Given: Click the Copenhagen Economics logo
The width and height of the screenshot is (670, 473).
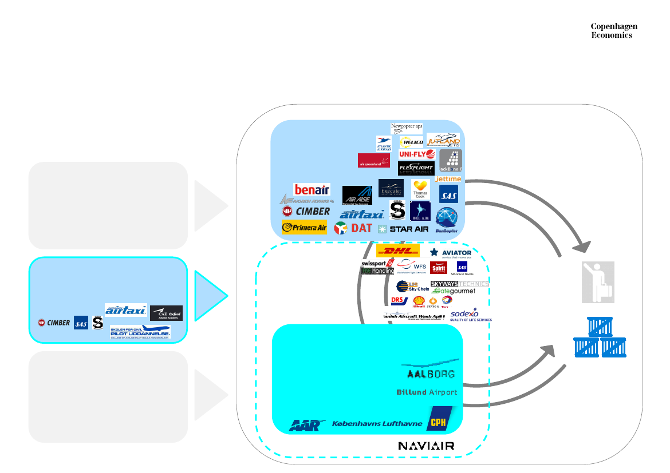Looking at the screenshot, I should (614, 31).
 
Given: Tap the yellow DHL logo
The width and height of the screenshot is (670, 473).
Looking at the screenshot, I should (397, 251).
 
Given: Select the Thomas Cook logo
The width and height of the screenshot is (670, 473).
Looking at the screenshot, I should (420, 189).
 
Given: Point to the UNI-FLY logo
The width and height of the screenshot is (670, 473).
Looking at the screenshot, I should (417, 154).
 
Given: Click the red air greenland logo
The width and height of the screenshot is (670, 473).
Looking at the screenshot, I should (374, 161).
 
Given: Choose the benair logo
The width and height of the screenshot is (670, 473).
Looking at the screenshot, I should (312, 189).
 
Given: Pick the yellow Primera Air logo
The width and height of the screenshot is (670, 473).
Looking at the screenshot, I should (304, 227).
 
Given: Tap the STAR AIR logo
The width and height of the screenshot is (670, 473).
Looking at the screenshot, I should (403, 229).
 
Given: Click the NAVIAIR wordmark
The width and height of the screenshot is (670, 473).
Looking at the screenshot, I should (426, 446).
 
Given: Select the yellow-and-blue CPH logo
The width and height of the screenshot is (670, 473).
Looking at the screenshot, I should (439, 419).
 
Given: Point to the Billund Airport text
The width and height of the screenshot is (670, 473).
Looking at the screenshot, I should (427, 392).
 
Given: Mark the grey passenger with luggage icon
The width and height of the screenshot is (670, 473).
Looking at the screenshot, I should (598, 282).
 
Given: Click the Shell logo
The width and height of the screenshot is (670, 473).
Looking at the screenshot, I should (419, 301).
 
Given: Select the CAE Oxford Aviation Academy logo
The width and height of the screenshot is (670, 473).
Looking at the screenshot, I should (166, 313).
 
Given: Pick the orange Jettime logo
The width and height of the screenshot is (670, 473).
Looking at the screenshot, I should (448, 179).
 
